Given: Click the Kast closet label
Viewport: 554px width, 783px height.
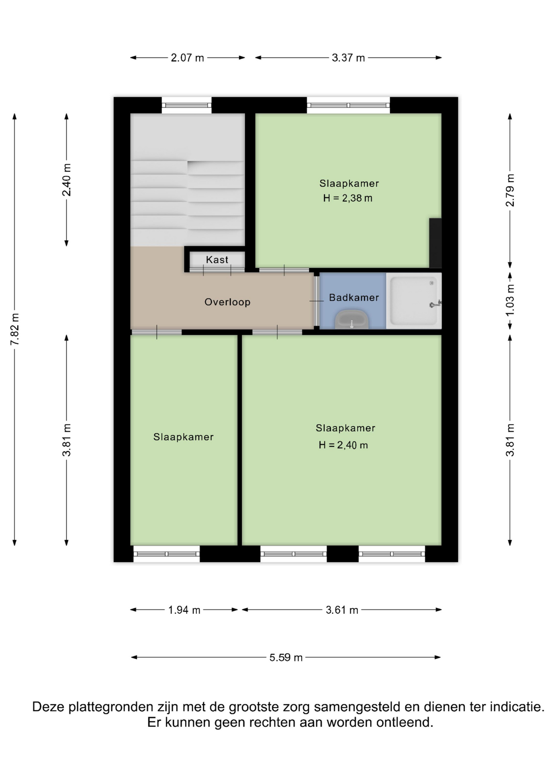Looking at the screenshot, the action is [217, 259].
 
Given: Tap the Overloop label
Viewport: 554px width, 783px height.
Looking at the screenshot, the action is [227, 302].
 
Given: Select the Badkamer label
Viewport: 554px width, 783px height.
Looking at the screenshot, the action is [354, 297].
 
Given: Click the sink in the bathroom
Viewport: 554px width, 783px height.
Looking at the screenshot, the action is [352, 319].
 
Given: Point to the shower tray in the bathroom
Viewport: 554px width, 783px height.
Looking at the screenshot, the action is [414, 301].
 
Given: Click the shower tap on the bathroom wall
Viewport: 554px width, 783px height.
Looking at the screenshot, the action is [436, 304].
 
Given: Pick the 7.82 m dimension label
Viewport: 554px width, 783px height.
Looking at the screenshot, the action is [15, 329].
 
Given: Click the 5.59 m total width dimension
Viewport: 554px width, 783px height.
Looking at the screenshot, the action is [286, 657].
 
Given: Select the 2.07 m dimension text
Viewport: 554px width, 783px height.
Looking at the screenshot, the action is [187, 58].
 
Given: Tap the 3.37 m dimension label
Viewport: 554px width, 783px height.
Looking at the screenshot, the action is [348, 58].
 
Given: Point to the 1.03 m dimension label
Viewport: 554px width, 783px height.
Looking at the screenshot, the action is [510, 300].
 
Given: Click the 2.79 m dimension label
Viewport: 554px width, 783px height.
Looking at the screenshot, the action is [510, 190].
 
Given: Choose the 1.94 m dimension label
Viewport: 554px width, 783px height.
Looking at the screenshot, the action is [184, 610].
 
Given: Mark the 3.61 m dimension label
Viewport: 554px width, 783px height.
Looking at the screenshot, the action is [342, 610].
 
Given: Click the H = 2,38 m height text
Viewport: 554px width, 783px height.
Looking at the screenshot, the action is [348, 198].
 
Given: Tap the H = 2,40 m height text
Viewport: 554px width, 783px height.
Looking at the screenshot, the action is [343, 445].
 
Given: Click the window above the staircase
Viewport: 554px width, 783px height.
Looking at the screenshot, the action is [186, 105].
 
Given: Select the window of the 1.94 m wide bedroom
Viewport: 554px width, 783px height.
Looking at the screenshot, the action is [166, 554].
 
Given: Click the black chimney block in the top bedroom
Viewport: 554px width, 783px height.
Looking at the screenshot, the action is [435, 243].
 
